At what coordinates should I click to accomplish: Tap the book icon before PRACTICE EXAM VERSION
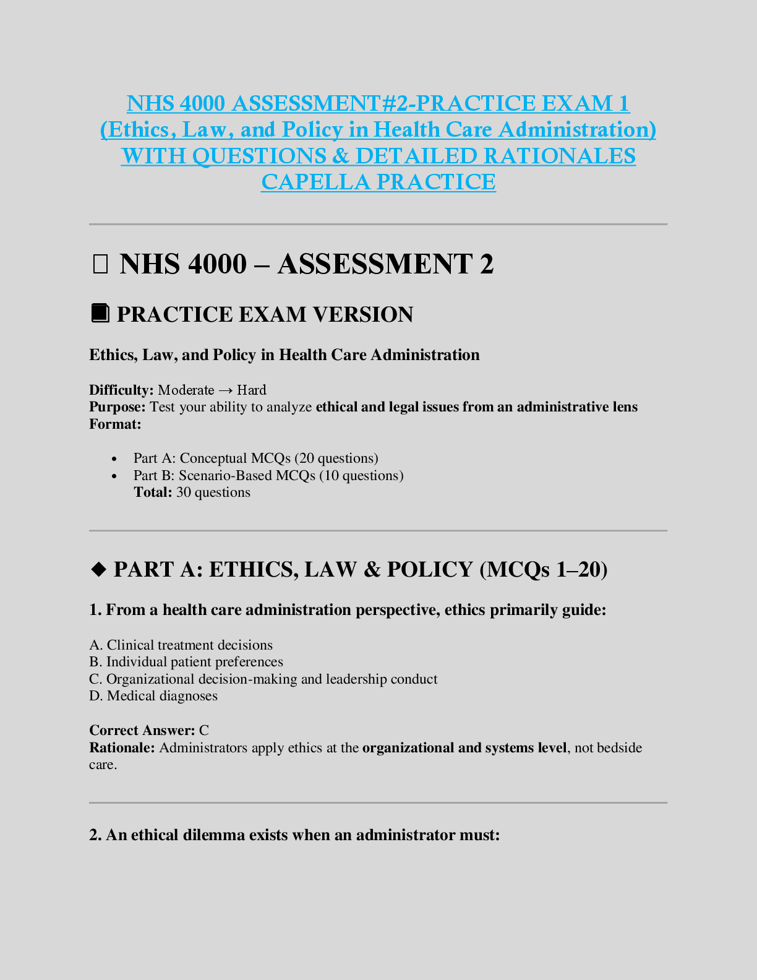[100, 313]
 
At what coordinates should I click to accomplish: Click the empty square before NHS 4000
[100, 265]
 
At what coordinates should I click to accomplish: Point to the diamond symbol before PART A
[98, 570]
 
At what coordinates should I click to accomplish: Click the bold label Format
[115, 424]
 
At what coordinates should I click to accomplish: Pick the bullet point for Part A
[114, 459]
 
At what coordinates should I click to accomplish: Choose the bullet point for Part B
[114, 476]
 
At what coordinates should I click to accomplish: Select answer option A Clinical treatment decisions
[181, 645]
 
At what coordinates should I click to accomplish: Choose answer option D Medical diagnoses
[153, 696]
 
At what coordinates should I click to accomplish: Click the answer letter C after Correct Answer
[204, 731]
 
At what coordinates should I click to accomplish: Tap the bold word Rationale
[122, 748]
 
